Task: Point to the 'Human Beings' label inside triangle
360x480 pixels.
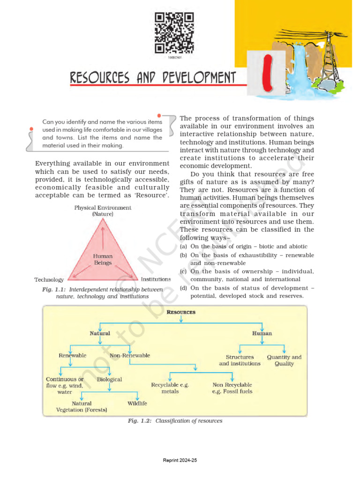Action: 103,259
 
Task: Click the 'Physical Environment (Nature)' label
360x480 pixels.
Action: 103,210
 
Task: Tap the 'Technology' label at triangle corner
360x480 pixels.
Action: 49,280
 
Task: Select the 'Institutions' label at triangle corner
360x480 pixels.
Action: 156,279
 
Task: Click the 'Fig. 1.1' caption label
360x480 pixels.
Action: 53,290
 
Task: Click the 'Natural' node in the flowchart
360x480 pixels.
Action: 100,333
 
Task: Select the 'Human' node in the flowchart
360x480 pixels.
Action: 262,333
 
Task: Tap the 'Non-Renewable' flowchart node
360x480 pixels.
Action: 130,355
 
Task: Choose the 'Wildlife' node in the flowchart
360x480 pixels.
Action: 137,403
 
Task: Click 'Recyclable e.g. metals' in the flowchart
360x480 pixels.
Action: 170,388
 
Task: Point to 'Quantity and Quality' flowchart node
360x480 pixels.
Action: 284,360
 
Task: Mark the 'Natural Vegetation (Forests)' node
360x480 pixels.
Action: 82,406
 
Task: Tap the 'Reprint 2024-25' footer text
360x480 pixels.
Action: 180,461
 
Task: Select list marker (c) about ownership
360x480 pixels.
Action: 184,271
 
